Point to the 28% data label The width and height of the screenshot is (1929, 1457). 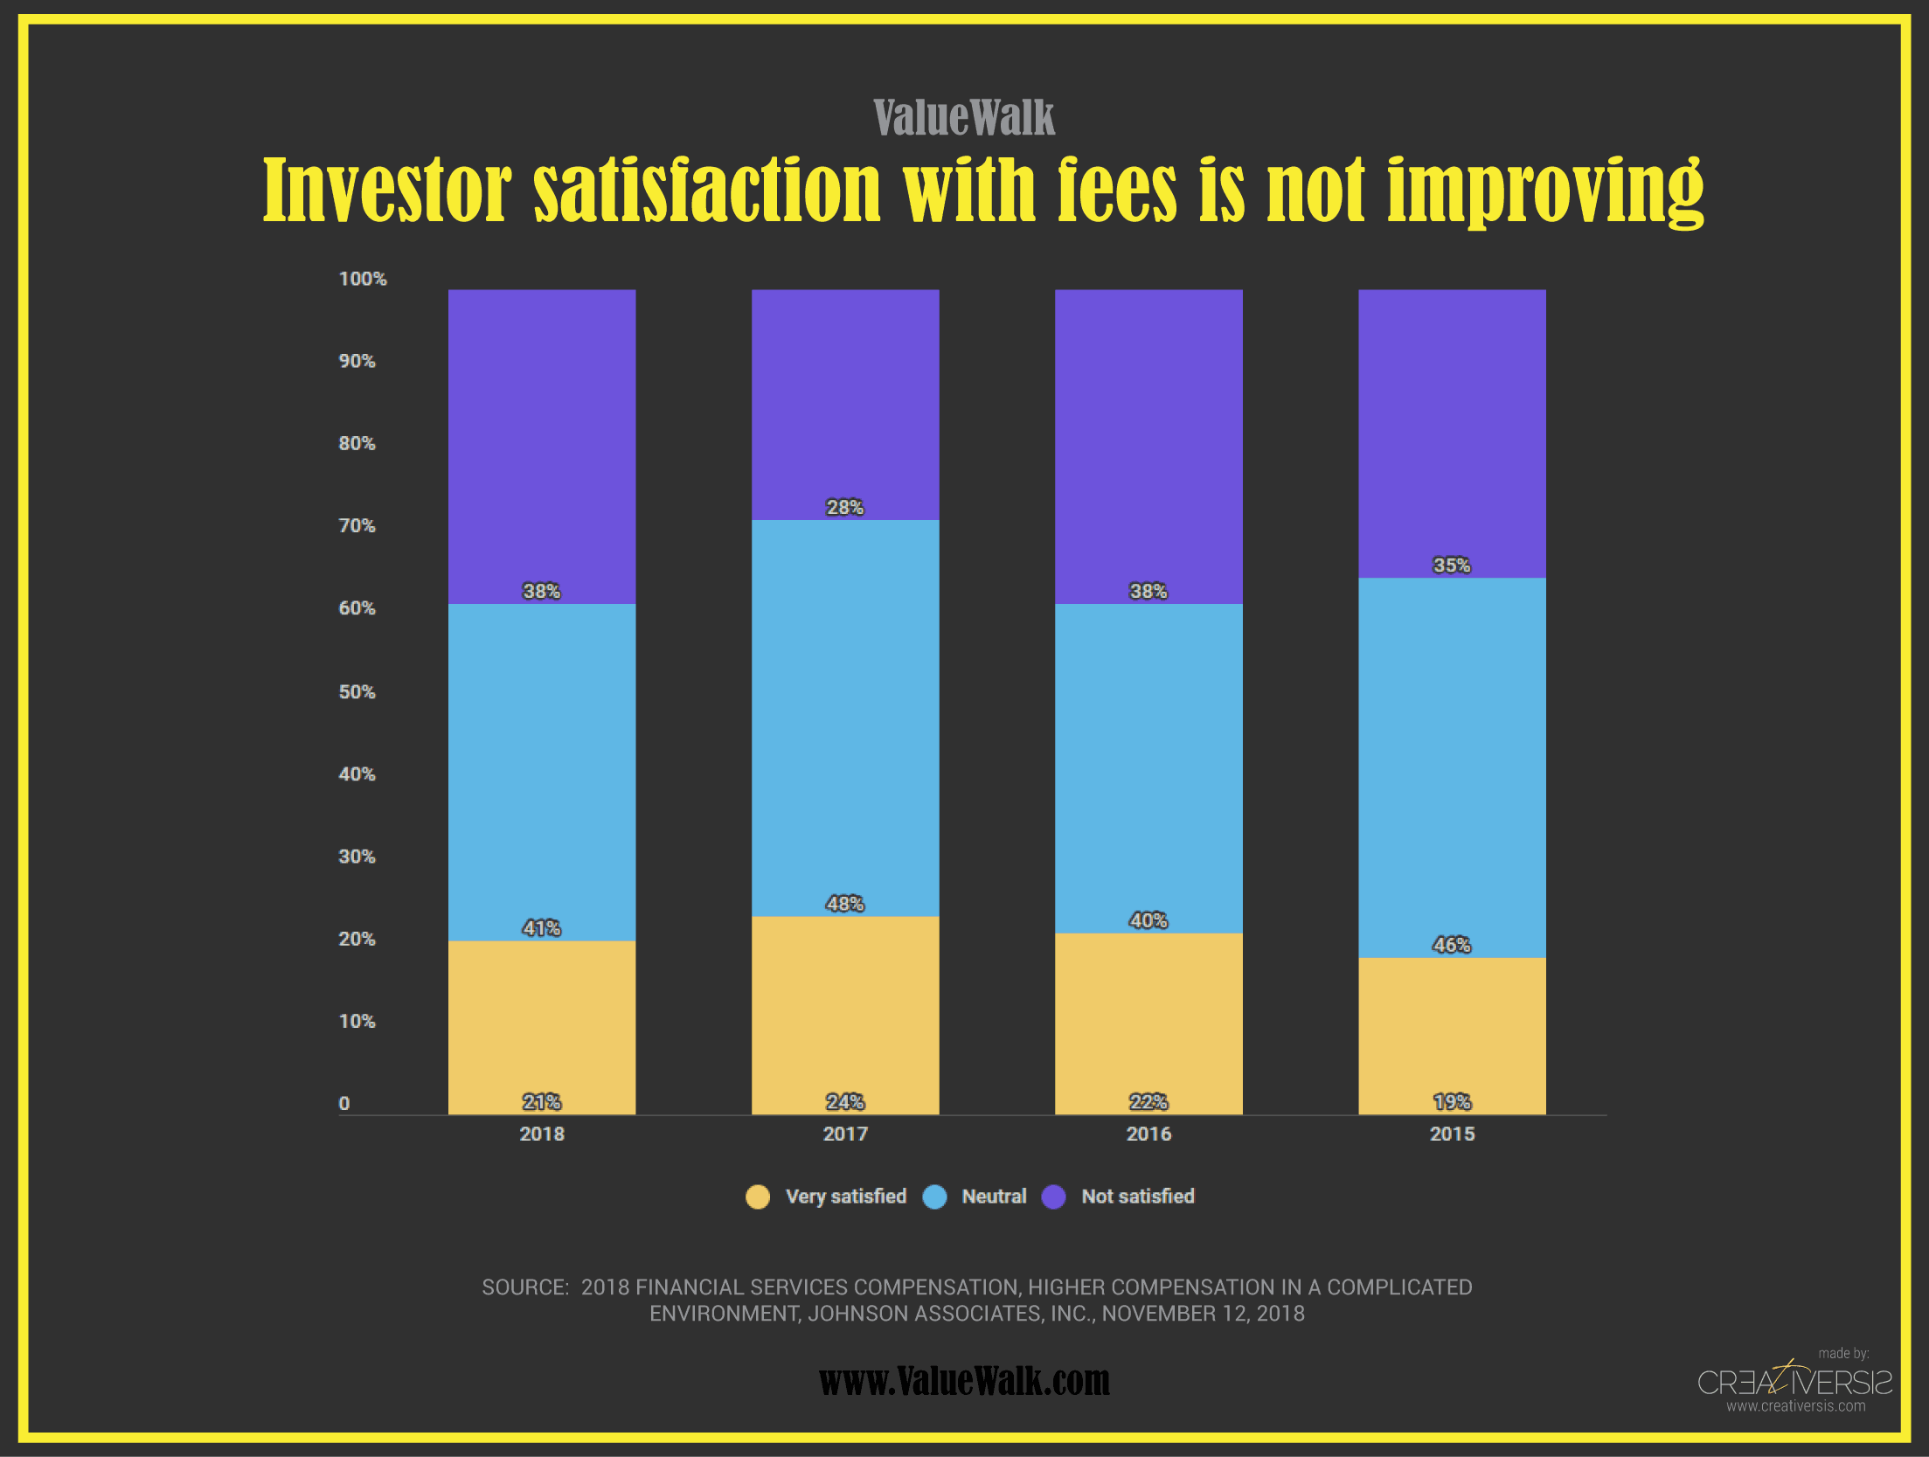tap(845, 507)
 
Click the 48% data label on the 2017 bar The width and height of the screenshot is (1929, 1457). tap(845, 904)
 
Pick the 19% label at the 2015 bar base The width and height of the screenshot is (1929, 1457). tap(1452, 1101)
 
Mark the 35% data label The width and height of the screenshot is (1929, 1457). tap(1452, 565)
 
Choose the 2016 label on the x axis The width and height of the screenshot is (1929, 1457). tap(1148, 1134)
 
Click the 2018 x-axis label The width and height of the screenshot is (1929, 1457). tap(542, 1134)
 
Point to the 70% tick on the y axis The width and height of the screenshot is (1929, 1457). tap(357, 525)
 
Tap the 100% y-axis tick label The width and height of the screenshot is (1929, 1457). tap(362, 279)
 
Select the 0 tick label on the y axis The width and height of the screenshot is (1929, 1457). tap(344, 1103)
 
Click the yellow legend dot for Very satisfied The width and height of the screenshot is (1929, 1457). tap(758, 1197)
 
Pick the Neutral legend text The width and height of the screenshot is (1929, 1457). tap(994, 1197)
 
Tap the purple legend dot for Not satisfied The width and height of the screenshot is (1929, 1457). tap(1054, 1197)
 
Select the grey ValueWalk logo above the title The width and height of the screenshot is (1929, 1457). tap(964, 117)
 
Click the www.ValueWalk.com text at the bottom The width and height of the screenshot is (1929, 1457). tap(964, 1381)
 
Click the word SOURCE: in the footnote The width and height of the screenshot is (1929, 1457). tap(525, 1287)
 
